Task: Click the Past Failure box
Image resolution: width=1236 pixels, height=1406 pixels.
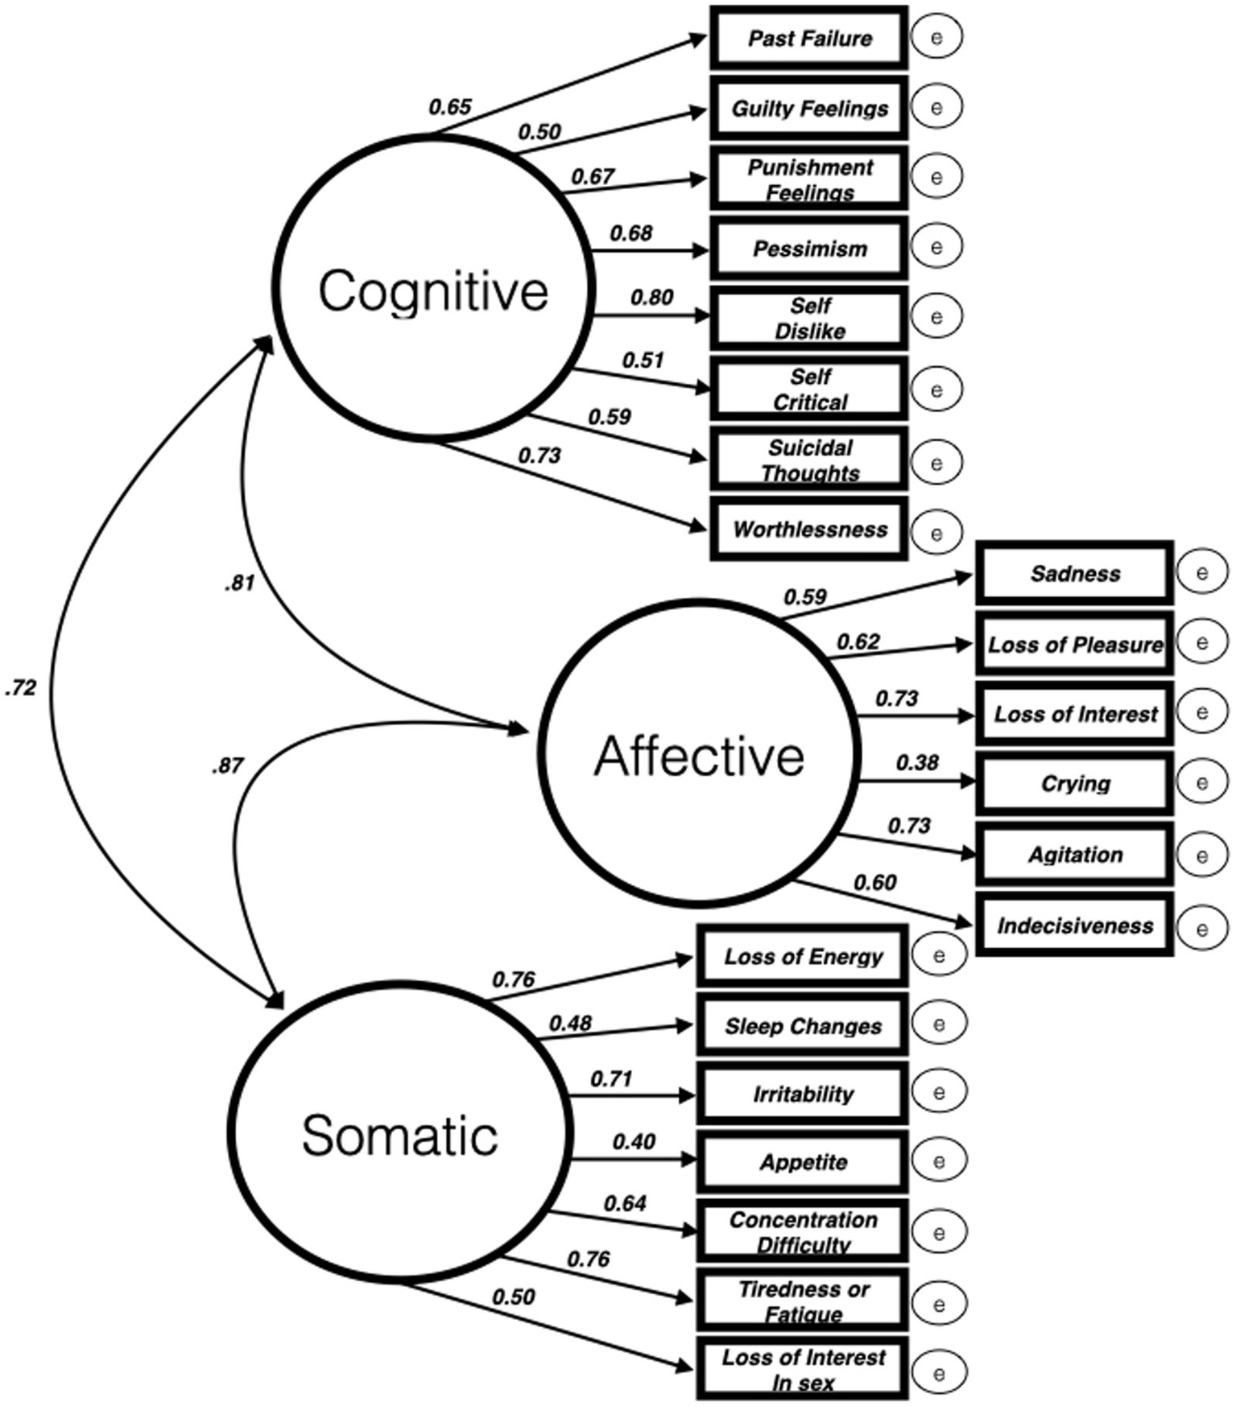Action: coord(808,38)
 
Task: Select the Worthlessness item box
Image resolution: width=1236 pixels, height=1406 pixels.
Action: coord(808,529)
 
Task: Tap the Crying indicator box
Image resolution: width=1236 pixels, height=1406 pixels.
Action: coord(1074,783)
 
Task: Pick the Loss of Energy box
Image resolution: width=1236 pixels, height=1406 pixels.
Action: coord(802,956)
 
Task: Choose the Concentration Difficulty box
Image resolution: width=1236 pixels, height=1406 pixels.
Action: coord(802,1231)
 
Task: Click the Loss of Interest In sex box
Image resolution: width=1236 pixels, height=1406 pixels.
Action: coord(802,1369)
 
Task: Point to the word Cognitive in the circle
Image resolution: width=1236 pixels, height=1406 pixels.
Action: coord(433,291)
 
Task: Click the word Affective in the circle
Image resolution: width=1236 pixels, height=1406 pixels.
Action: coord(699,757)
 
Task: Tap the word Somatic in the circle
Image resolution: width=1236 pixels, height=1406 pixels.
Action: coord(400,1135)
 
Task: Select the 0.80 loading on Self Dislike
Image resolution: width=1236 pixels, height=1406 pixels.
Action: coord(651,297)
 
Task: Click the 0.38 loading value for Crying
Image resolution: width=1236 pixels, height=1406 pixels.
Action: coord(917,761)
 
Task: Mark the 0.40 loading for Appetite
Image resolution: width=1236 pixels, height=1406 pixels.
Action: coord(634,1141)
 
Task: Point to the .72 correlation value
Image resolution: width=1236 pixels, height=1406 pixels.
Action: coord(21,687)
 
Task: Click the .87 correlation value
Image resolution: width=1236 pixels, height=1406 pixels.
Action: coord(228,765)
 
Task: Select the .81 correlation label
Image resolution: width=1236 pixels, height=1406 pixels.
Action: coord(239,583)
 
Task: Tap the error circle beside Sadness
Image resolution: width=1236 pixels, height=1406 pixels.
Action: coord(1201,572)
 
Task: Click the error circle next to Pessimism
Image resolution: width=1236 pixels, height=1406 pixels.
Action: coord(936,246)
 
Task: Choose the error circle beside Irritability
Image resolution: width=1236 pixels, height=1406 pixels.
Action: coord(938,1092)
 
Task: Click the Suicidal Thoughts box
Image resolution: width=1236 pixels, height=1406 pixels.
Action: coord(808,460)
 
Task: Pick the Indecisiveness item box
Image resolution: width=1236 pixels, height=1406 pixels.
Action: coord(1074,925)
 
